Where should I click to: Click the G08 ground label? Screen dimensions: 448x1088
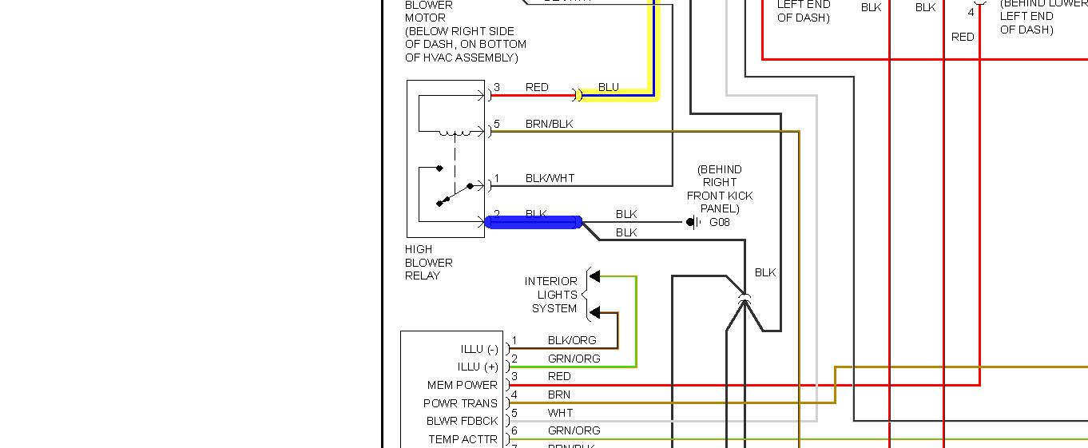(x=720, y=222)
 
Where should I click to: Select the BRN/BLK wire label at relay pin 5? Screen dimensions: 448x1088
(x=549, y=125)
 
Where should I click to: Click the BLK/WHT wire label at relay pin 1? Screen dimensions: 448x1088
(x=550, y=178)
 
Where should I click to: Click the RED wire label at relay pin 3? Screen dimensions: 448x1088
(x=537, y=87)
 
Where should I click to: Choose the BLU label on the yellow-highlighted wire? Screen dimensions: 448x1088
(x=609, y=87)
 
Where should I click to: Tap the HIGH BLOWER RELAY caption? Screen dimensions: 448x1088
(x=429, y=263)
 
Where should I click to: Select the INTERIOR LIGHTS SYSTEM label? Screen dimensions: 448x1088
(x=551, y=295)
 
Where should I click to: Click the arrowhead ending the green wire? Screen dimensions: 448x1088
(x=594, y=276)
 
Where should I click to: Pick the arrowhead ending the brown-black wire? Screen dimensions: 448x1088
(x=594, y=313)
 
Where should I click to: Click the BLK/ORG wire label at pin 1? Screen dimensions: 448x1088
(x=572, y=340)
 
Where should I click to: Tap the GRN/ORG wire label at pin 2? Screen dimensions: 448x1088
(x=574, y=359)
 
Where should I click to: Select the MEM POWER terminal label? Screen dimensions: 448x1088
(x=462, y=385)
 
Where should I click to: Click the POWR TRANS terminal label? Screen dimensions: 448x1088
(x=460, y=403)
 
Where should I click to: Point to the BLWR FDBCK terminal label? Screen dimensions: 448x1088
(x=462, y=421)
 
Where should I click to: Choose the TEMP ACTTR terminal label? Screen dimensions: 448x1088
(x=463, y=439)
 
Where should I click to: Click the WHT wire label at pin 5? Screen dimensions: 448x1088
(x=560, y=413)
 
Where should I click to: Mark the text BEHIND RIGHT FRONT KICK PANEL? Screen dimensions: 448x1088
(x=720, y=189)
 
